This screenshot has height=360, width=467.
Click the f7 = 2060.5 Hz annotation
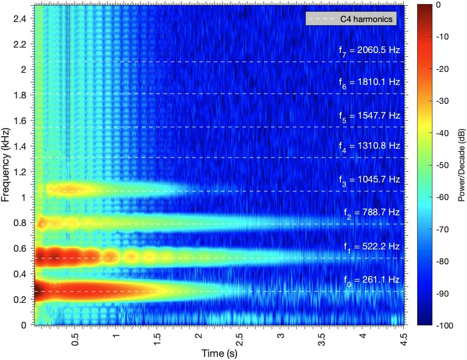tap(369, 50)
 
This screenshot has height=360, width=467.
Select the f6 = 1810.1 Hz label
tap(369, 83)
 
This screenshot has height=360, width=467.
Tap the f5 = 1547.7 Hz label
tap(369, 116)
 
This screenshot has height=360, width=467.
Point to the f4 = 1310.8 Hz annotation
tap(369, 147)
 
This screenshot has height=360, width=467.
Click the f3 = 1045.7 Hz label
tap(369, 180)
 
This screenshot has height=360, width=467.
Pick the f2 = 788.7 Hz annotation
tap(372, 213)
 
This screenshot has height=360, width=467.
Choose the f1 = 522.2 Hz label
tap(372, 247)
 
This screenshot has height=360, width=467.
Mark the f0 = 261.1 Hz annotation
tap(372, 280)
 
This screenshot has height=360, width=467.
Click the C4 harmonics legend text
tap(366, 19)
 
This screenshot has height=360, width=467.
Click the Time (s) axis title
tap(220, 353)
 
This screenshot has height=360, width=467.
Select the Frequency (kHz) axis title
tap(5, 165)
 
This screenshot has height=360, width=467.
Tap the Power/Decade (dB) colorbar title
tap(461, 165)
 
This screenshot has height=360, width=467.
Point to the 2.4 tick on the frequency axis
tap(20, 19)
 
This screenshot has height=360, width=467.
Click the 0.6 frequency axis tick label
tap(20, 248)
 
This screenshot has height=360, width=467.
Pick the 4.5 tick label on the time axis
tap(404, 339)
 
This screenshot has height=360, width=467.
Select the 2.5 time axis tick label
tap(239, 339)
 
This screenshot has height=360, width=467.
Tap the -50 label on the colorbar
tap(442, 165)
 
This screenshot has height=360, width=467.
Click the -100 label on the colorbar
tap(445, 325)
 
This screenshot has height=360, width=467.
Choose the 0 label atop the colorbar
tap(438, 5)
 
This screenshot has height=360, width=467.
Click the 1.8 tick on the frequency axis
tap(20, 95)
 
